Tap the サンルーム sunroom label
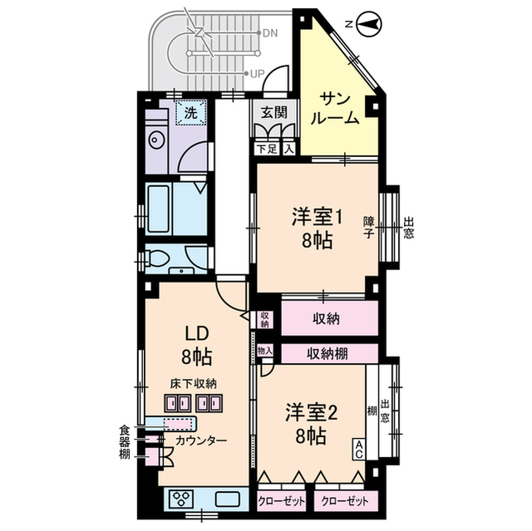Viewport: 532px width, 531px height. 335,108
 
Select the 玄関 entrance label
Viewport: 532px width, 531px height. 273,112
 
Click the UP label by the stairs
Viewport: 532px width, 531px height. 258,73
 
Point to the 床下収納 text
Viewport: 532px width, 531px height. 194,383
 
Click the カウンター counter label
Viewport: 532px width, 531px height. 199,440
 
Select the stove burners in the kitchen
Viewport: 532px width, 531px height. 181,499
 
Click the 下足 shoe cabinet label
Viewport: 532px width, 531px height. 265,150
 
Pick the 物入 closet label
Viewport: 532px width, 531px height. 264,352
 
